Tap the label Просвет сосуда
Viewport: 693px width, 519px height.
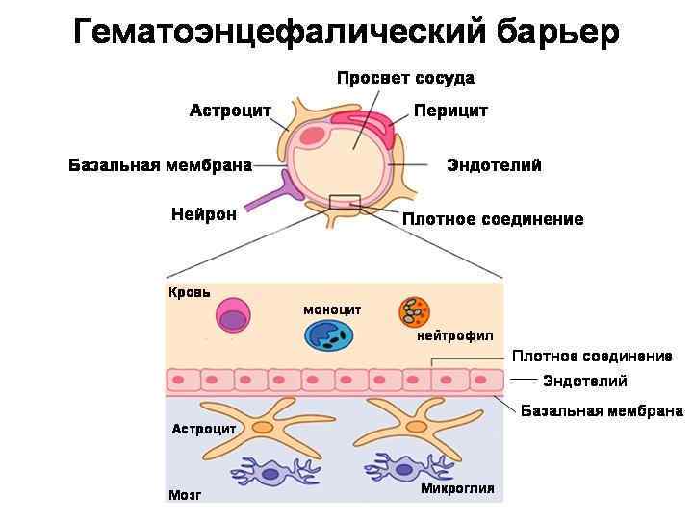(404, 78)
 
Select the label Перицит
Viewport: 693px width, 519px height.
(450, 111)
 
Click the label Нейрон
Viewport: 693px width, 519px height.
(203, 214)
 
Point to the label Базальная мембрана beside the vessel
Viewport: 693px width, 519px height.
(160, 165)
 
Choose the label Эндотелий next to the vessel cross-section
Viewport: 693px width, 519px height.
(494, 165)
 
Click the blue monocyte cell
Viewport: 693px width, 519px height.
(329, 334)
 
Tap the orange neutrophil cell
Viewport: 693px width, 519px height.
(414, 311)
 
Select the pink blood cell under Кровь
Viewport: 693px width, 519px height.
(235, 318)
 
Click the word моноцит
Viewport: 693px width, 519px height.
(332, 309)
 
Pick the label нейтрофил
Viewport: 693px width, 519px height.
(454, 335)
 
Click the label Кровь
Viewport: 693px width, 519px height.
(190, 292)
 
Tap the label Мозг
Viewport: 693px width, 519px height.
(186, 495)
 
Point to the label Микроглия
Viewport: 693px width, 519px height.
(457, 488)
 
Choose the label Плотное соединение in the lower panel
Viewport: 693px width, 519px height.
(591, 357)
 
